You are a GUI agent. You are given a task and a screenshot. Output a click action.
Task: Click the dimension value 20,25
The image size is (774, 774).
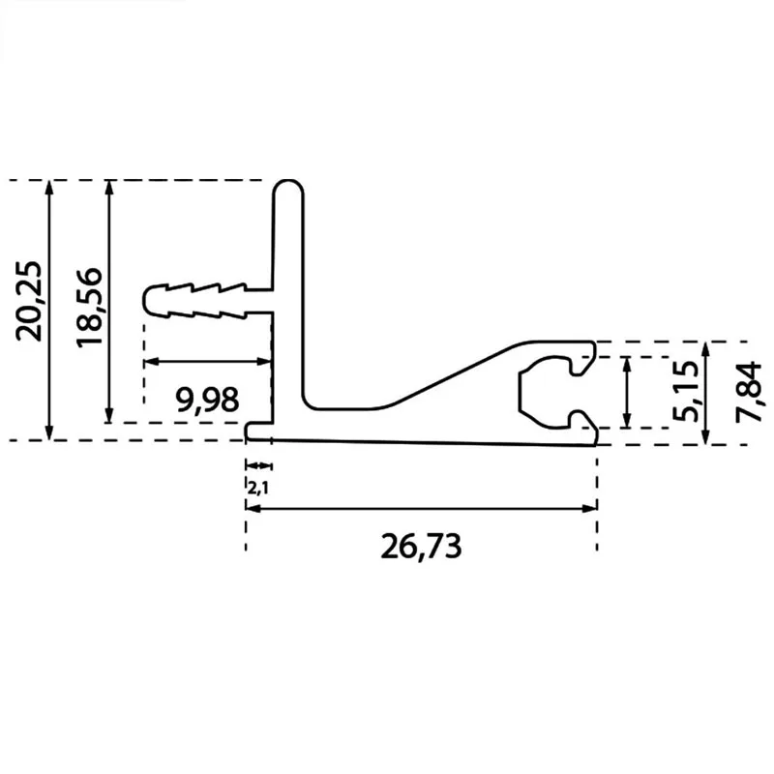tap(28, 301)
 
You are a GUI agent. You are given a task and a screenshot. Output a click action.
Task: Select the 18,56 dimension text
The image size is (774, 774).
tap(89, 307)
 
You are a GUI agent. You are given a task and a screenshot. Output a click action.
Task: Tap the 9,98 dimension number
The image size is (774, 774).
tap(207, 400)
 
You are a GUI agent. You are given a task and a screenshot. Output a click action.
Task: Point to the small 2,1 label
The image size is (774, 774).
tap(257, 489)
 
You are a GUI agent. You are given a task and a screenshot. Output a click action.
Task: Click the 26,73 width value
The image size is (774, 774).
tap(421, 546)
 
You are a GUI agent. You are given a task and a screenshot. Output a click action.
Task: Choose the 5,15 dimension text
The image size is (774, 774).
tap(686, 392)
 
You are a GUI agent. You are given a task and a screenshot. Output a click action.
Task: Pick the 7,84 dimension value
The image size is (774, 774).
tap(748, 392)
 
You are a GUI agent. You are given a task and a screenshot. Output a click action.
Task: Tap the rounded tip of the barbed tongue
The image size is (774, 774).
tap(149, 299)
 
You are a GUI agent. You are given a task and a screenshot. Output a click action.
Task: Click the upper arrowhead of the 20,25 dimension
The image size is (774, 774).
tap(48, 188)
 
